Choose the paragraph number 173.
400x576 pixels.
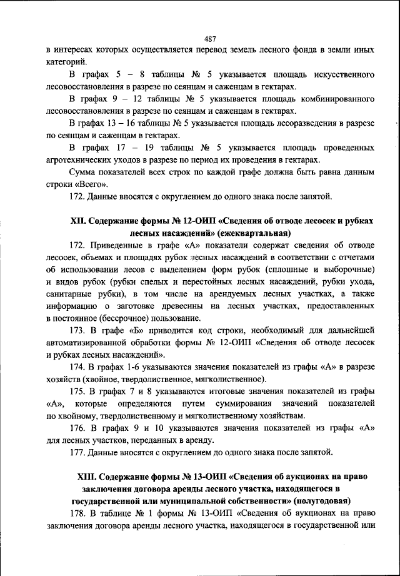tap(79, 330)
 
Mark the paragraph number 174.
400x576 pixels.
tap(79, 367)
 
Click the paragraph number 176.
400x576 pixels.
tap(79, 428)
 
